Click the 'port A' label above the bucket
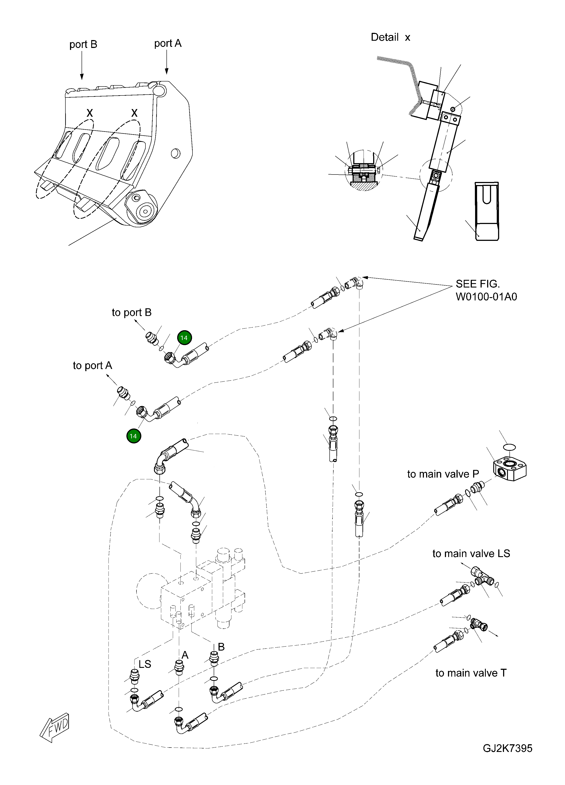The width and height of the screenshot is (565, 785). [168, 44]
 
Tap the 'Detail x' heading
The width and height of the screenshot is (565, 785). [390, 37]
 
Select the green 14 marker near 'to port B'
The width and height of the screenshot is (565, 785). [184, 338]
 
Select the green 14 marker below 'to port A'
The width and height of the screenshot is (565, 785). [133, 436]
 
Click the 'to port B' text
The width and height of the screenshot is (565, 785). [131, 312]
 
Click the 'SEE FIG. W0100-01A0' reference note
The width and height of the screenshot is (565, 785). [486, 290]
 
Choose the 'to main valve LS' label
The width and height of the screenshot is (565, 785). [471, 554]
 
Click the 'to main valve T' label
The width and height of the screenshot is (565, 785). [471, 673]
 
